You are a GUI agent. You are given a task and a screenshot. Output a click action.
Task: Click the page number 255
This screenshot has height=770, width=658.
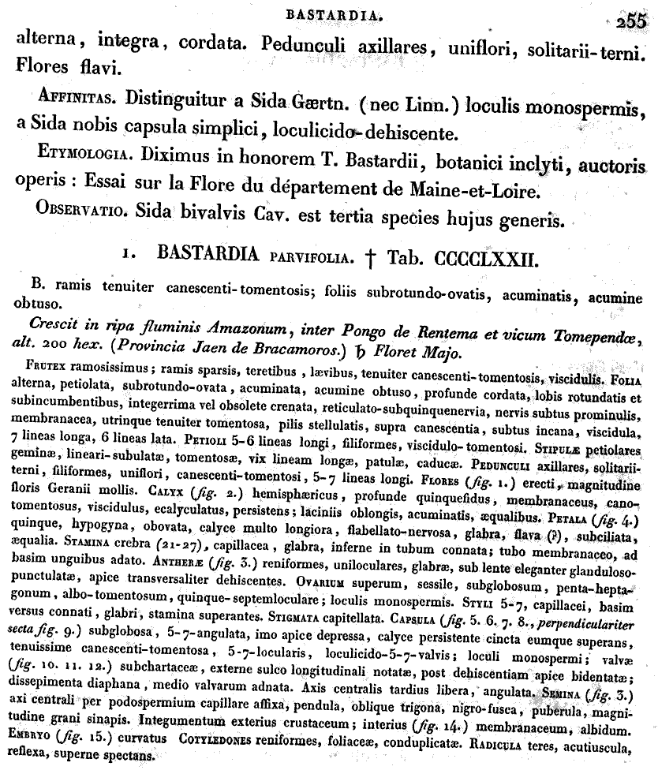(631, 22)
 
